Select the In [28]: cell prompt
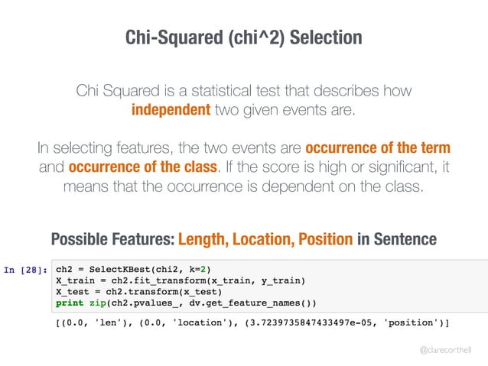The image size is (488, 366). (x=26, y=269)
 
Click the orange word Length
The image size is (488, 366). (x=203, y=240)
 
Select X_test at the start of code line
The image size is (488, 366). (x=73, y=290)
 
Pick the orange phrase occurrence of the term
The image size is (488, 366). (x=378, y=147)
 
